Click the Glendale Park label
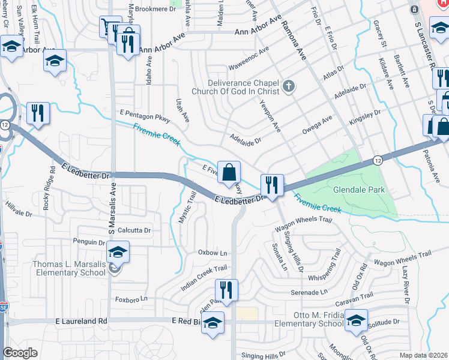358,190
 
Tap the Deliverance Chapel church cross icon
289,86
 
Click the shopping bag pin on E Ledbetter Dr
229,173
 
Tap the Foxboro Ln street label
130,299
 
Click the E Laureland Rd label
83,322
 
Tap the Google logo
20,353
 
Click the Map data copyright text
423,355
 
